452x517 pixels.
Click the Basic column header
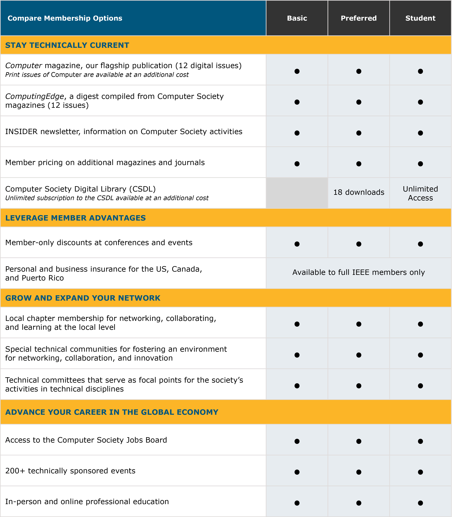click(x=297, y=18)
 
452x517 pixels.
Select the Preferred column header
click(x=358, y=18)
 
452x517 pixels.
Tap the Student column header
click(x=420, y=18)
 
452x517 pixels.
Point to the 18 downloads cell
click(x=359, y=192)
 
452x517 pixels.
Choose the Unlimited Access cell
click(x=420, y=193)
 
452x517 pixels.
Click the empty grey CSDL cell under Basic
click(x=297, y=193)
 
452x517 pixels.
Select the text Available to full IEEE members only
click(x=358, y=272)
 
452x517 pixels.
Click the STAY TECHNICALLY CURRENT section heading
click(x=67, y=45)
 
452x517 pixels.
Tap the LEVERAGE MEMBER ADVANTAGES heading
click(x=75, y=218)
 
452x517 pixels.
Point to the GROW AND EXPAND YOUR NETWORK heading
click(x=83, y=298)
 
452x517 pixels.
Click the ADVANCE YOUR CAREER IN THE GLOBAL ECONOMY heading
click(x=111, y=412)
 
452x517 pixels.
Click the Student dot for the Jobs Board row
click(x=420, y=441)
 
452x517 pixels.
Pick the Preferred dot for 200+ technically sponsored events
click(x=359, y=472)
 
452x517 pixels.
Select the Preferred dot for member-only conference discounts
click(x=359, y=244)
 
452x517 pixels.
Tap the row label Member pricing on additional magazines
click(x=105, y=163)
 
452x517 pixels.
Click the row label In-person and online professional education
click(x=87, y=502)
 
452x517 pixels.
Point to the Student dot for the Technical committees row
click(x=420, y=386)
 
